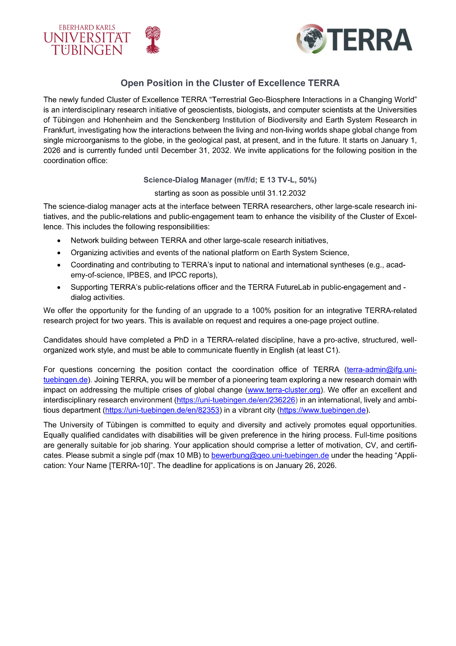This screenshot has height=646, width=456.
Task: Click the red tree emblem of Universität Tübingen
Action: point(153,39)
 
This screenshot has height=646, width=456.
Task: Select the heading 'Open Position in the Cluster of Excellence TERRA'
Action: point(230,83)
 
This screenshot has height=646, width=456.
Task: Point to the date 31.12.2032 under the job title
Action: point(286,193)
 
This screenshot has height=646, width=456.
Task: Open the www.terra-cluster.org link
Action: point(284,390)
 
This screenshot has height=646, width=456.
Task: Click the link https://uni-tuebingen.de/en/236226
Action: point(236,400)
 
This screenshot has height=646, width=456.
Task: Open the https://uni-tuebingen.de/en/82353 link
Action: point(162,410)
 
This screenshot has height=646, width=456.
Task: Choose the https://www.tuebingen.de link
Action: point(323,410)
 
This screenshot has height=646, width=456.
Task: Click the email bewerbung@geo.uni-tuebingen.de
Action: point(270,455)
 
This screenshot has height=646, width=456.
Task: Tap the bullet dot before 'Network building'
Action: point(59,241)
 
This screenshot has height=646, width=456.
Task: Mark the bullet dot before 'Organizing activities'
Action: point(59,253)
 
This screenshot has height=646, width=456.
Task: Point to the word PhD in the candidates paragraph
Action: point(181,340)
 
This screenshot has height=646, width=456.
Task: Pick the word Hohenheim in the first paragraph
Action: point(123,120)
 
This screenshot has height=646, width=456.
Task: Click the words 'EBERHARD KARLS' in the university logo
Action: point(87,28)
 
